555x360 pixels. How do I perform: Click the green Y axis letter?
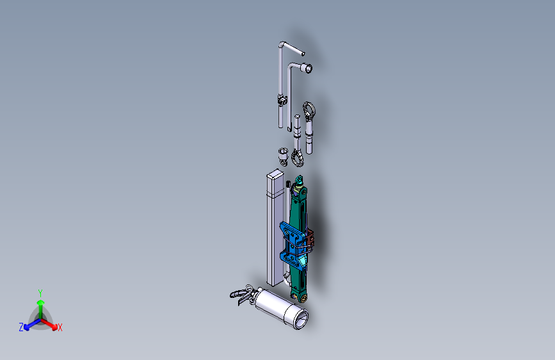coord(40,292)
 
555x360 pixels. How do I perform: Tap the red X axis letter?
coord(60,327)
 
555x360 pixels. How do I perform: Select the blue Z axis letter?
coord(21,327)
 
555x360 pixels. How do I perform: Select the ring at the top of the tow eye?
coord(310,111)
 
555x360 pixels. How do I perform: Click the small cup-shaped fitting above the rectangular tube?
coord(283,154)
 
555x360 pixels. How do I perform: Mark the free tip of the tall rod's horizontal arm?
coord(303,54)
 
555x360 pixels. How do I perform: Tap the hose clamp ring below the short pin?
coord(298,156)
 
